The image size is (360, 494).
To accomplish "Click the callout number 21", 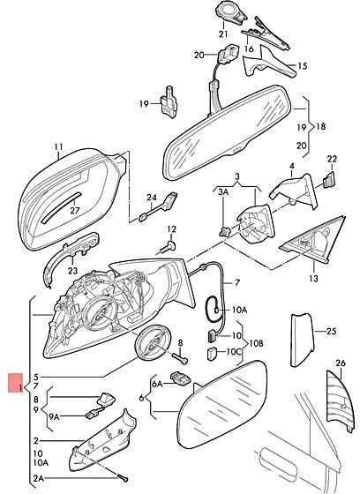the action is coord(223,34).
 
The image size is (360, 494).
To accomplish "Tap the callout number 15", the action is coord(302,66).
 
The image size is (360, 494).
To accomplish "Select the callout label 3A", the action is coord(223,192).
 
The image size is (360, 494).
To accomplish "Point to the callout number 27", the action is coord(75,210).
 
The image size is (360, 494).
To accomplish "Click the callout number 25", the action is coord(331,331).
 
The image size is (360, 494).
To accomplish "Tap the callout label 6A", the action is coord(157,384).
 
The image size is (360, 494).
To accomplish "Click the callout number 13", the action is coord(313,278).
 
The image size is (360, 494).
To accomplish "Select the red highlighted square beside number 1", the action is coord(16,383).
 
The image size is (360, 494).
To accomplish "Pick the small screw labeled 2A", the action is coord(123,478).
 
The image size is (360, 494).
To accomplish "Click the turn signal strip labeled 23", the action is coord(71,256).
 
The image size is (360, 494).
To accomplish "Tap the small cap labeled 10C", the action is coord(212,353).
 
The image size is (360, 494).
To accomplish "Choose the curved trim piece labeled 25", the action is coord(302,340).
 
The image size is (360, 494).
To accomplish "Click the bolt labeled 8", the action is coord(180,358).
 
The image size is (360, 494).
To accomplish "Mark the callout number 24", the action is coord(152,198).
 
